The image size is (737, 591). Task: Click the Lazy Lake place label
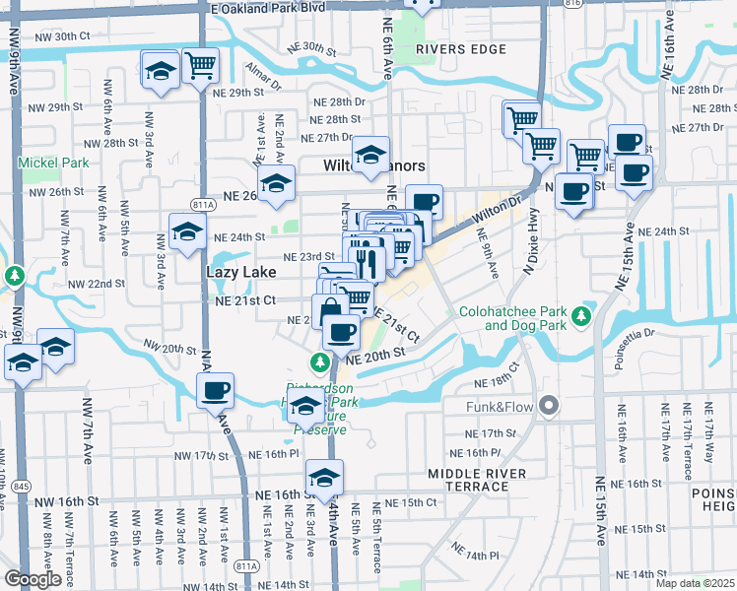[234, 269]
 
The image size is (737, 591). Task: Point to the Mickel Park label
[52, 162]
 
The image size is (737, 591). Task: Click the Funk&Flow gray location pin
[549, 405]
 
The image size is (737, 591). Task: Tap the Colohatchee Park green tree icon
[582, 315]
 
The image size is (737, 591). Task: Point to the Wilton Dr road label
[500, 209]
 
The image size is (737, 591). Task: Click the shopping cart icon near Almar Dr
[200, 66]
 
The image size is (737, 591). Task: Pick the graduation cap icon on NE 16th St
[324, 477]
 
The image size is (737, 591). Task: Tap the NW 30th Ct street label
[61, 36]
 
